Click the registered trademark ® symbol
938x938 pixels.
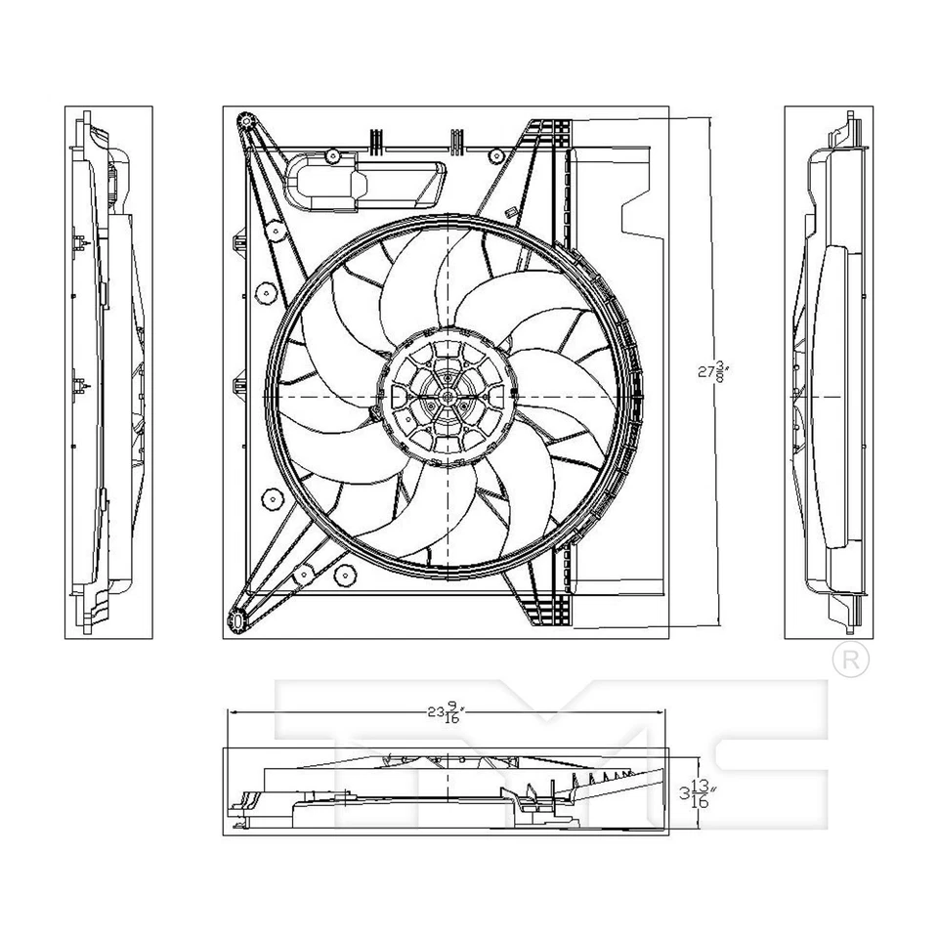click(851, 660)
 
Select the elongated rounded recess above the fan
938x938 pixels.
click(366, 183)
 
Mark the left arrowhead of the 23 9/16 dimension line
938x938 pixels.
click(231, 712)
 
